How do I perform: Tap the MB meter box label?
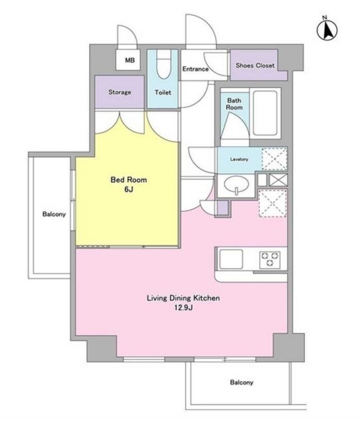(x=130, y=60)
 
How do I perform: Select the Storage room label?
(x=120, y=92)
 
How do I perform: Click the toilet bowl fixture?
(x=164, y=64)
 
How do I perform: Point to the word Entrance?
(x=195, y=69)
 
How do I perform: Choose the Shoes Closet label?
(x=255, y=65)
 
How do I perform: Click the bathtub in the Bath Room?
(x=265, y=113)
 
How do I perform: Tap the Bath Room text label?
(x=234, y=104)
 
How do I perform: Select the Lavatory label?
(x=239, y=159)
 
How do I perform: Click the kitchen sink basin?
(x=231, y=259)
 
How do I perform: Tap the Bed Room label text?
(x=129, y=180)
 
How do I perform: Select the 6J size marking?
(x=129, y=189)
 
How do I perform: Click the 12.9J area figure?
(x=183, y=308)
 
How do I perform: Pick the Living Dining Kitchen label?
(x=183, y=298)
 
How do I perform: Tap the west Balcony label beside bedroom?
(x=54, y=215)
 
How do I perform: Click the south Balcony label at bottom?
(x=242, y=382)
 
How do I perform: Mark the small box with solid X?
(x=278, y=180)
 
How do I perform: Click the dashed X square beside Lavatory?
(x=274, y=159)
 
